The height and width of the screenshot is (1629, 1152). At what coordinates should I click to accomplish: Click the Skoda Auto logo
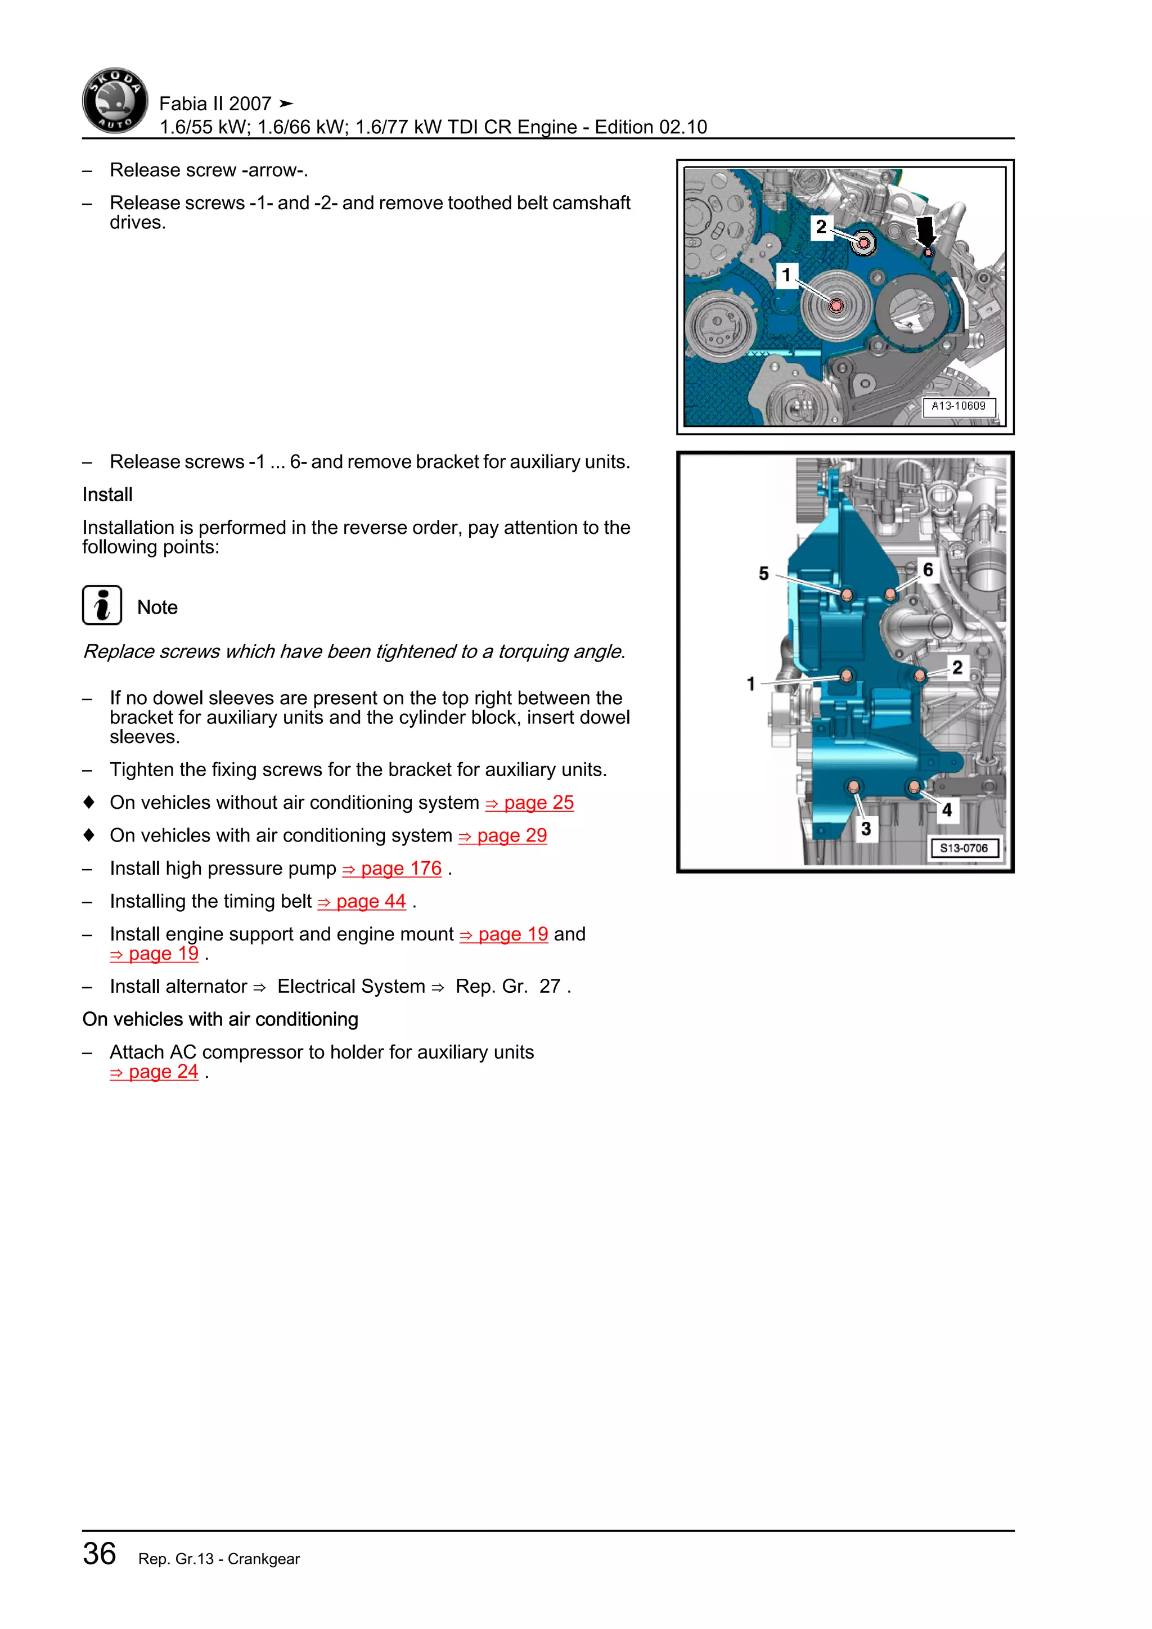point(115,101)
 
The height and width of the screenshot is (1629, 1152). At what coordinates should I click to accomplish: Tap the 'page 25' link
point(530,803)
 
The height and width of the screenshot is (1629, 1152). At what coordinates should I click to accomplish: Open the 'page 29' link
point(503,836)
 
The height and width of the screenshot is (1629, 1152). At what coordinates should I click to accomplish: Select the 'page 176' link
point(392,868)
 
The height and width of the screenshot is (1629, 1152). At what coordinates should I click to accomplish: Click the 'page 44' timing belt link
point(362,901)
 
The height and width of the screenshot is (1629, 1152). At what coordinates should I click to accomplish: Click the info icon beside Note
point(102,605)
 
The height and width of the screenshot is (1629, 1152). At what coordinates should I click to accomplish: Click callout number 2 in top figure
point(821,227)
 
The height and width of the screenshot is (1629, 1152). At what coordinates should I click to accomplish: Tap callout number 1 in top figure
point(786,274)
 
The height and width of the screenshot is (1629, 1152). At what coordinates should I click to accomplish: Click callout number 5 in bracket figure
point(763,573)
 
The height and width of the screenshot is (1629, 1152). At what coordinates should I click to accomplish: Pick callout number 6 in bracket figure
point(928,569)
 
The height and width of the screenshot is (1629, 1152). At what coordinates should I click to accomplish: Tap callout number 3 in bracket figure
point(866,829)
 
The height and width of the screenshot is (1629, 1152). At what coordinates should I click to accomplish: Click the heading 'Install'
point(107,494)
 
